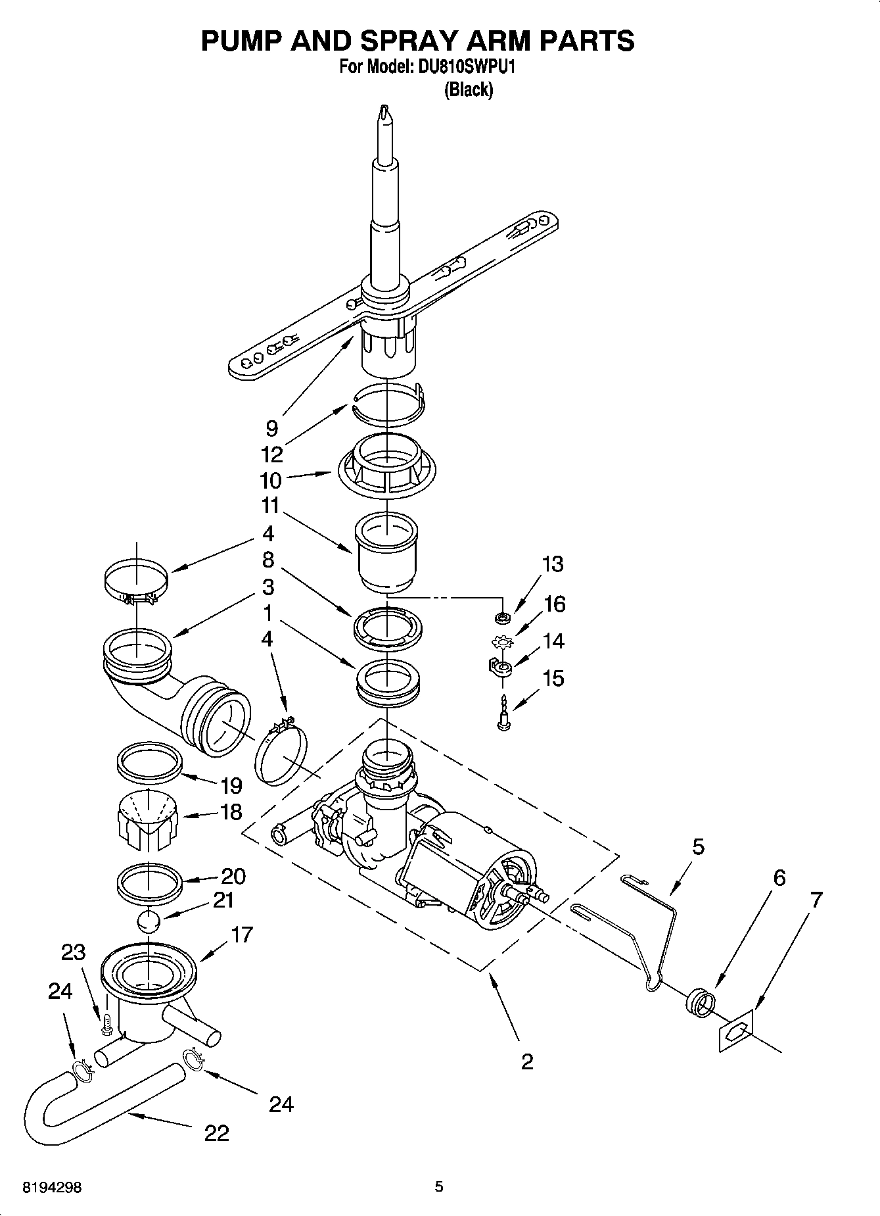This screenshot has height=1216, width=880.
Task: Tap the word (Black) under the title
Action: [x=468, y=89]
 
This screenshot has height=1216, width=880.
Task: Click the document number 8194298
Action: [x=52, y=1188]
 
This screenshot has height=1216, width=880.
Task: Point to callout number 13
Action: [x=553, y=564]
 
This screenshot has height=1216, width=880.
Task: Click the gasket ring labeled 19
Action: [x=149, y=762]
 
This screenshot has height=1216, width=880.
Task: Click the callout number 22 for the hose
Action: [x=216, y=1132]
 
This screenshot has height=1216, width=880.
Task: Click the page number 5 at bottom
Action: [x=439, y=1187]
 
